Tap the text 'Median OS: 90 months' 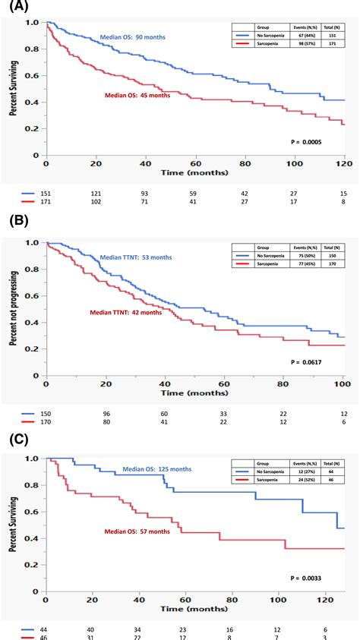point(134,37)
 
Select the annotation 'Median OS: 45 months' point(137,96)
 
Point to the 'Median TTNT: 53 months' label point(135,258)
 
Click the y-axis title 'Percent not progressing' point(14,310)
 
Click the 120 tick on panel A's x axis point(344,164)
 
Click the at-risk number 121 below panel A point(96,194)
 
